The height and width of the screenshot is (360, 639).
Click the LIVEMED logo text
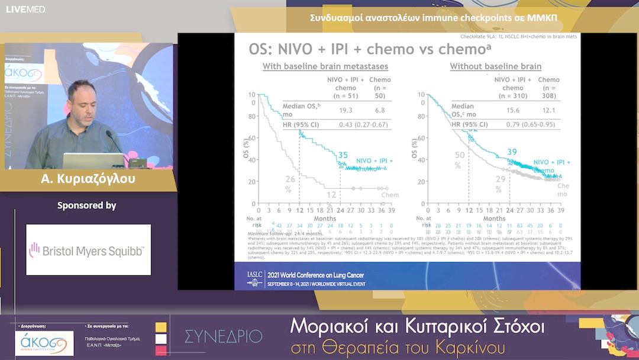pos(25,9)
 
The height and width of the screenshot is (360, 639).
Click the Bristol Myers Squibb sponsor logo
pos(88,250)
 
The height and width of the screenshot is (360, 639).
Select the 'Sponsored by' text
pos(86,205)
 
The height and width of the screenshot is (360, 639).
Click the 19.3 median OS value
pos(345,110)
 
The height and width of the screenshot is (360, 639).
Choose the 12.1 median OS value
pos(549,110)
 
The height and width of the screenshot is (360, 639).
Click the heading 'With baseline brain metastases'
pos(325,66)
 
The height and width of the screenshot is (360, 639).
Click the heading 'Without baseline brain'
pos(495,66)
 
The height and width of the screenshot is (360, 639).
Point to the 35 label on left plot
pos(343,156)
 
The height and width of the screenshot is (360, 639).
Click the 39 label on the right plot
pos(512,152)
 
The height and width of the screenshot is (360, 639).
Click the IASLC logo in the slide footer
pos(255,278)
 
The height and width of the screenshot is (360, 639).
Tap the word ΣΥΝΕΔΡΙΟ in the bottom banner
pos(223,336)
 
